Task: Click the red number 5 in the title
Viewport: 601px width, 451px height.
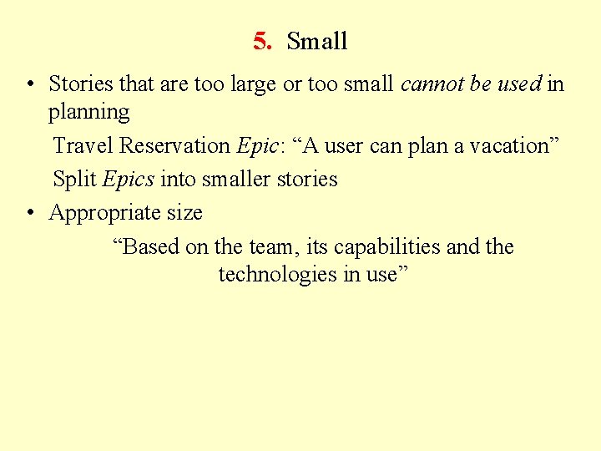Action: [260, 41]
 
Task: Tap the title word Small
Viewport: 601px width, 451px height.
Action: [317, 41]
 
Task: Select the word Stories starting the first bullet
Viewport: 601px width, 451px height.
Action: [81, 84]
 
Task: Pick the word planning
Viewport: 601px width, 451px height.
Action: [88, 112]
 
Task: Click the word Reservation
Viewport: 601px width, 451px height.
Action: [174, 145]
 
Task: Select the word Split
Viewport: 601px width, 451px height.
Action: [73, 179]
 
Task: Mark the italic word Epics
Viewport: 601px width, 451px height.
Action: [129, 180]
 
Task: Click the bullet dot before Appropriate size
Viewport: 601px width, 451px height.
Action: [30, 214]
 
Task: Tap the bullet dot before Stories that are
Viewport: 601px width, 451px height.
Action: [30, 84]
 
